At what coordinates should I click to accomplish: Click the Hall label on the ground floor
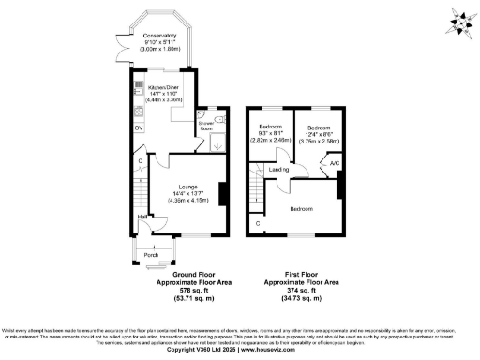[x=141, y=218]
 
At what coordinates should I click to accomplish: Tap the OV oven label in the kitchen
[x=139, y=127]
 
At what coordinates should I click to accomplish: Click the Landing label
[x=279, y=170]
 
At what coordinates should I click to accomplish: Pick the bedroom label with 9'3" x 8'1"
[x=271, y=125]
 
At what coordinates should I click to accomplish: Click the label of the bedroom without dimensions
[x=302, y=208]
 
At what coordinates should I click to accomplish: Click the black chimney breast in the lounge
[x=221, y=194]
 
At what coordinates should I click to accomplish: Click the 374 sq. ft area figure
[x=301, y=290]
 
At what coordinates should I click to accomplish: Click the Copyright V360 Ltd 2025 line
[x=240, y=349]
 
